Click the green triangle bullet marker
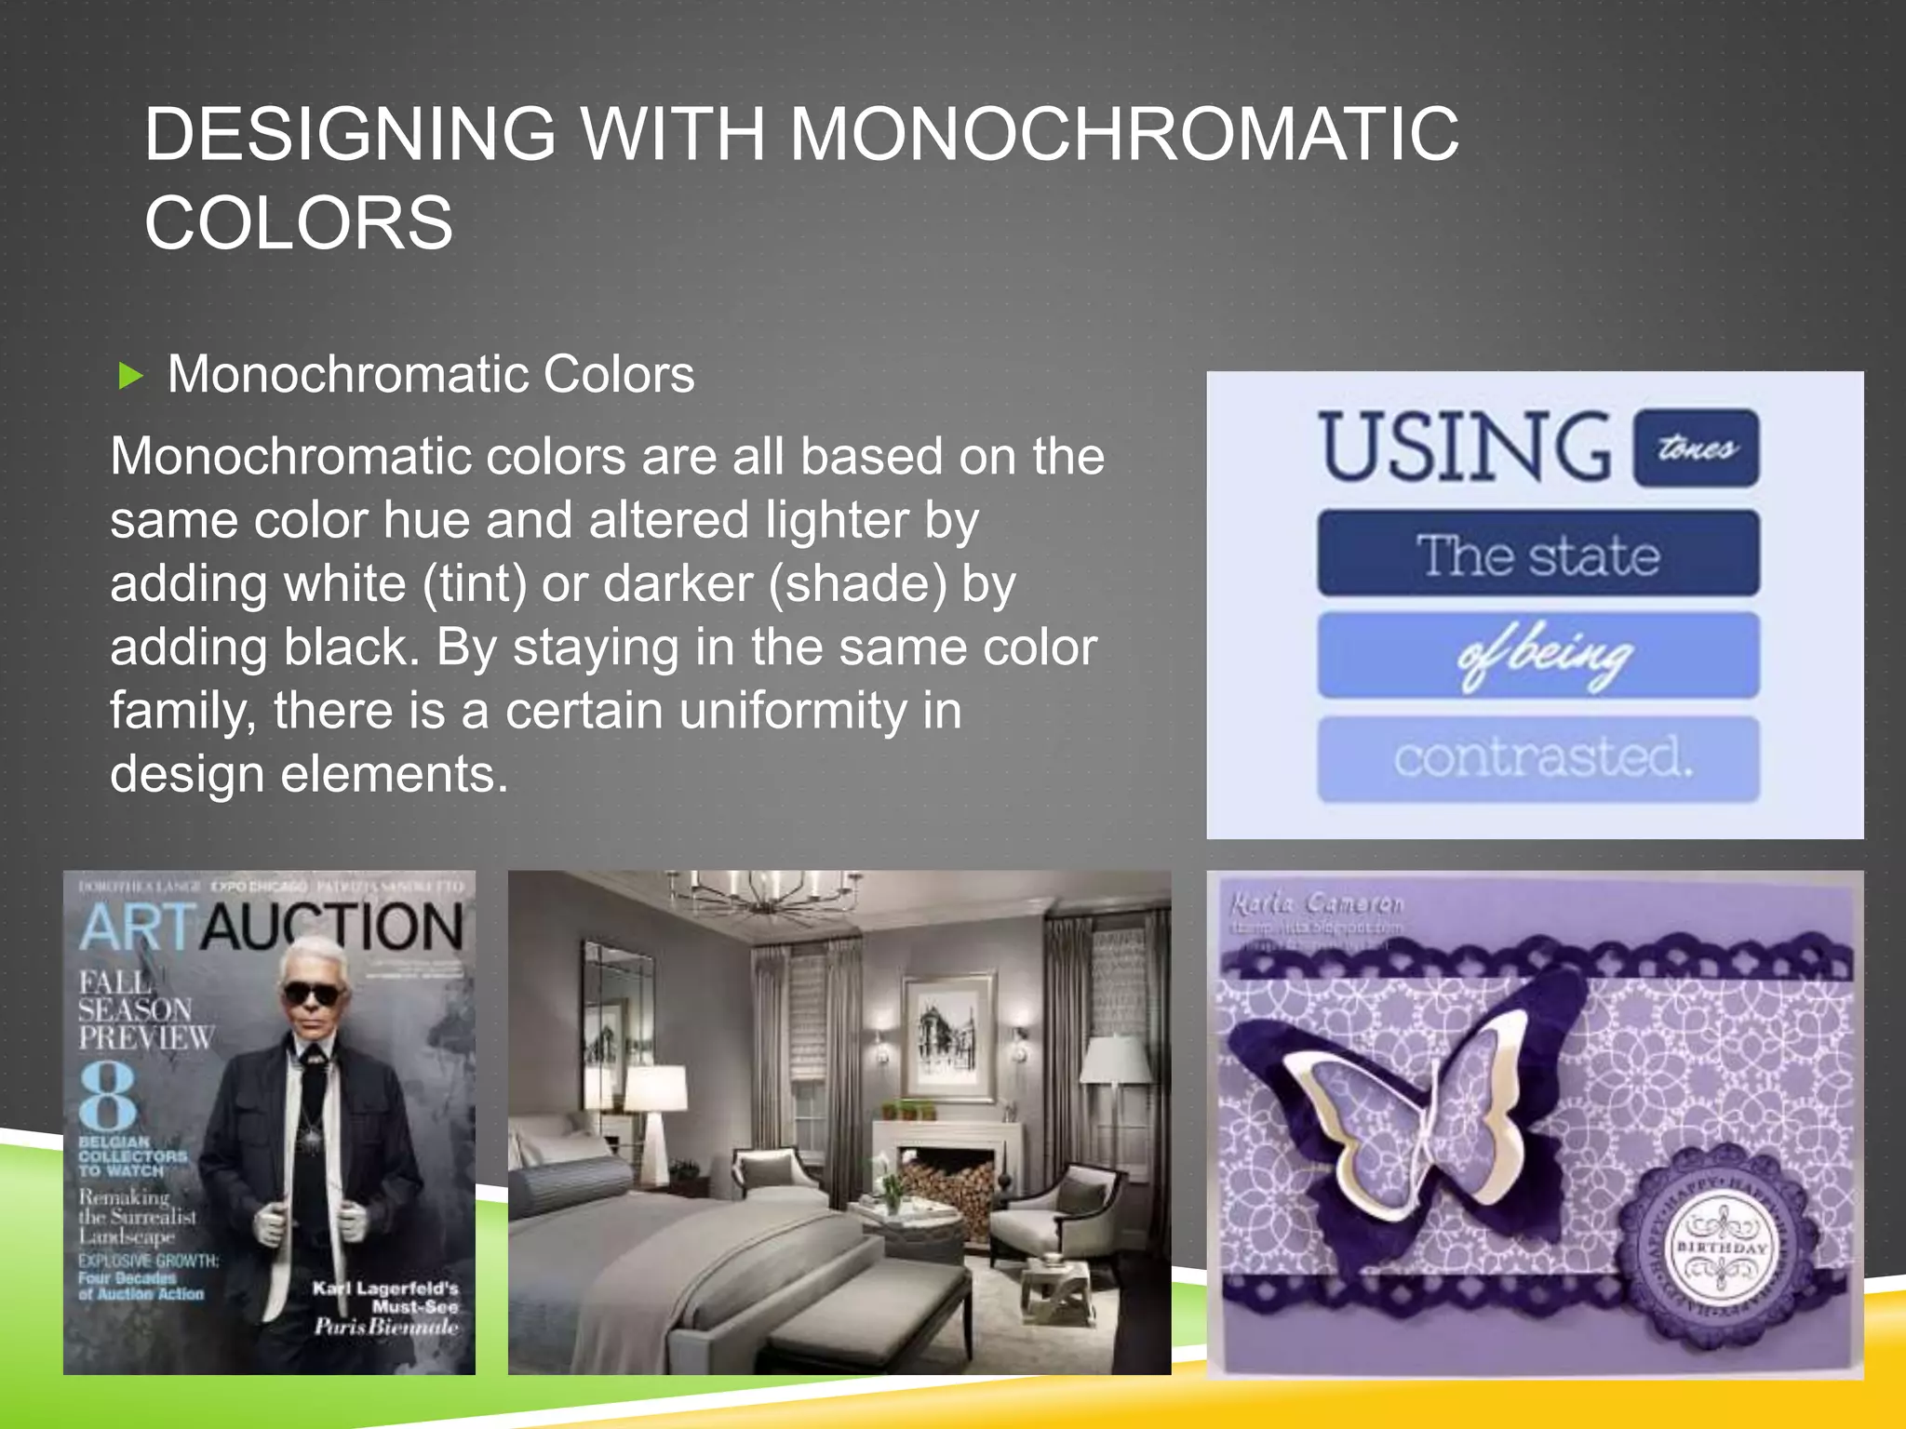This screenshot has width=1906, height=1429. (x=131, y=377)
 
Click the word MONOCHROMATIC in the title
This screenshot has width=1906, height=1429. (x=1124, y=134)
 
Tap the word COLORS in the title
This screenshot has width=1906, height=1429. (x=299, y=223)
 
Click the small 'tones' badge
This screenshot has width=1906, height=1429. (x=1696, y=448)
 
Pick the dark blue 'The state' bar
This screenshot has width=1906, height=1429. (x=1537, y=554)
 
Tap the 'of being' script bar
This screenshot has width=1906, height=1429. (x=1537, y=655)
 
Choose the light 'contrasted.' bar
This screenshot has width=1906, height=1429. (x=1537, y=758)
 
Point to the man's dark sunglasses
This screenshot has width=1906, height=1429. (x=312, y=995)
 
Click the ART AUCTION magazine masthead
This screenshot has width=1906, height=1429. (x=270, y=928)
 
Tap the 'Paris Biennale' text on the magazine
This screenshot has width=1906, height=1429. (x=385, y=1327)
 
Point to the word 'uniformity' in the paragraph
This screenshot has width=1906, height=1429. (x=793, y=711)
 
